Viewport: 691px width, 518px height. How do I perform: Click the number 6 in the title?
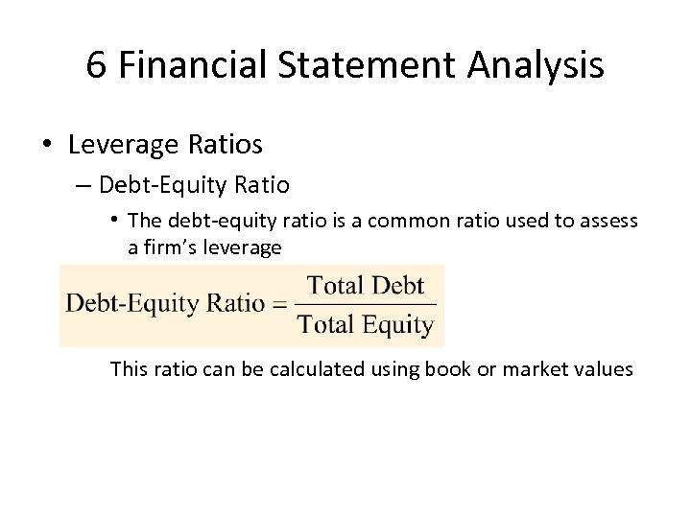(x=95, y=65)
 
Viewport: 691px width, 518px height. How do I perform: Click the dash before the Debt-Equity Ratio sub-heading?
(x=82, y=184)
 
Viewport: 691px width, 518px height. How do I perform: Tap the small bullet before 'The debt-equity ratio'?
(x=115, y=221)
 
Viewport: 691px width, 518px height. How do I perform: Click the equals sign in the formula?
(x=280, y=304)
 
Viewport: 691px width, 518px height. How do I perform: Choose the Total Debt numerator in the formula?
(x=368, y=285)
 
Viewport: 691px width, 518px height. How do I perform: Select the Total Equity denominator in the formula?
(x=366, y=324)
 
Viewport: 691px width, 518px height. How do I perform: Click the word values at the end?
(x=602, y=368)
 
